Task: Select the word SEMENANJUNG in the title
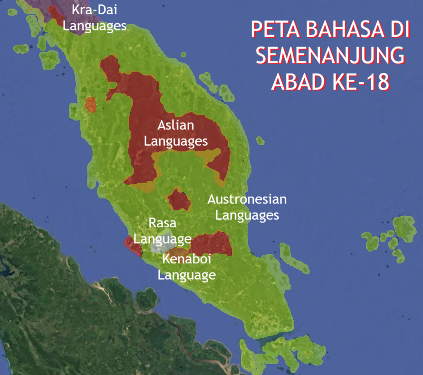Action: [x=330, y=56]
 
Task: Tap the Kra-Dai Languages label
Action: [x=95, y=18]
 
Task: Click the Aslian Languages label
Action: [x=176, y=133]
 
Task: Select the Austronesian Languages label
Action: [x=247, y=207]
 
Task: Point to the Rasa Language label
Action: [x=163, y=230]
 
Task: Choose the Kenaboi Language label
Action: [x=187, y=267]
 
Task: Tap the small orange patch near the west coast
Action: [x=90, y=104]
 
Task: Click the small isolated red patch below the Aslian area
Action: [x=180, y=200]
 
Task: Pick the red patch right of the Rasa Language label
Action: [x=211, y=243]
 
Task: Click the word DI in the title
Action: [x=397, y=30]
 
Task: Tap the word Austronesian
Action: [x=247, y=199]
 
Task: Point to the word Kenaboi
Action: [x=187, y=259]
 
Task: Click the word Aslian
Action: [x=176, y=126]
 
